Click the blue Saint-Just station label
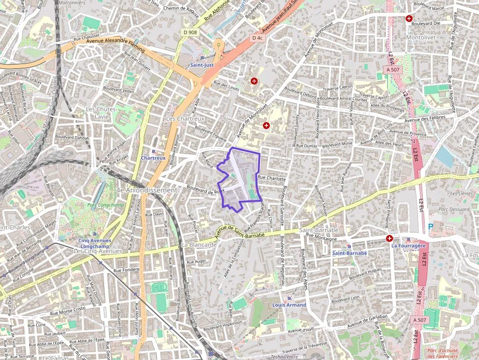tap(202, 64)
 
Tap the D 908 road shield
tap(191, 32)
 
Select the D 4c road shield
tap(257, 38)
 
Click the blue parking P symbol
tap(431, 226)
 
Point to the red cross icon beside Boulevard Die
tap(409, 19)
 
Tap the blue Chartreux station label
tap(153, 158)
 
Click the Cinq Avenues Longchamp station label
tap(95, 243)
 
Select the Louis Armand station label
tap(289, 305)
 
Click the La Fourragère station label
tap(409, 246)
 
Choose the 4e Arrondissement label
tap(146, 190)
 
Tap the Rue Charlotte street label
tap(271, 178)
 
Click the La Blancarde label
tap(198, 244)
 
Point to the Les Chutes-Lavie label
tap(101, 112)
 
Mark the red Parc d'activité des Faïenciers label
tap(442, 353)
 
